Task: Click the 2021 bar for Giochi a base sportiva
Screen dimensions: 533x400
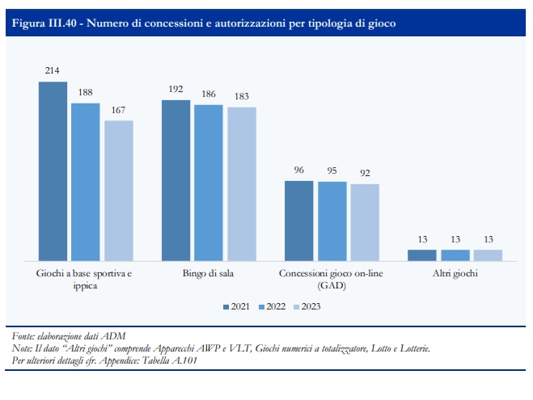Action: tap(53, 171)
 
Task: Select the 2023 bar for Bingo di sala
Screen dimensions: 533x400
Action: tap(242, 184)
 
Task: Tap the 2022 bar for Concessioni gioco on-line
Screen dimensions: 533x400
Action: tap(332, 221)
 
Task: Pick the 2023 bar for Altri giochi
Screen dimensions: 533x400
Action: tap(488, 255)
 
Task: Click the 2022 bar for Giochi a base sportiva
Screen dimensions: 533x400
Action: tap(85, 182)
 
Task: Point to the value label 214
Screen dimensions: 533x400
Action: tap(52, 70)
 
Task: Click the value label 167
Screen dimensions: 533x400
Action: tap(118, 110)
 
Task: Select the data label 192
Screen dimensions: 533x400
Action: tap(176, 89)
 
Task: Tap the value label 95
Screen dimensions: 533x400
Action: tap(332, 171)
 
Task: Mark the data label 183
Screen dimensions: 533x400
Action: tap(242, 96)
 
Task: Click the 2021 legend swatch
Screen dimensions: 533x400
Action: tap(226, 307)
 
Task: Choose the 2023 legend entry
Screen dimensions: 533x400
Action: tap(307, 306)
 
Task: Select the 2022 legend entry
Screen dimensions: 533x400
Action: tap(272, 306)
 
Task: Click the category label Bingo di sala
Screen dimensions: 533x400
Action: tap(208, 273)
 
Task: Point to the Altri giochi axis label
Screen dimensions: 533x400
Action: tap(455, 273)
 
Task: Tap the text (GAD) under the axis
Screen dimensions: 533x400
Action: tap(332, 285)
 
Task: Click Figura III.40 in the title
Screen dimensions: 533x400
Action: tap(44, 23)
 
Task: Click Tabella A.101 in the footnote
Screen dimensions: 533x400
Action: tap(169, 360)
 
